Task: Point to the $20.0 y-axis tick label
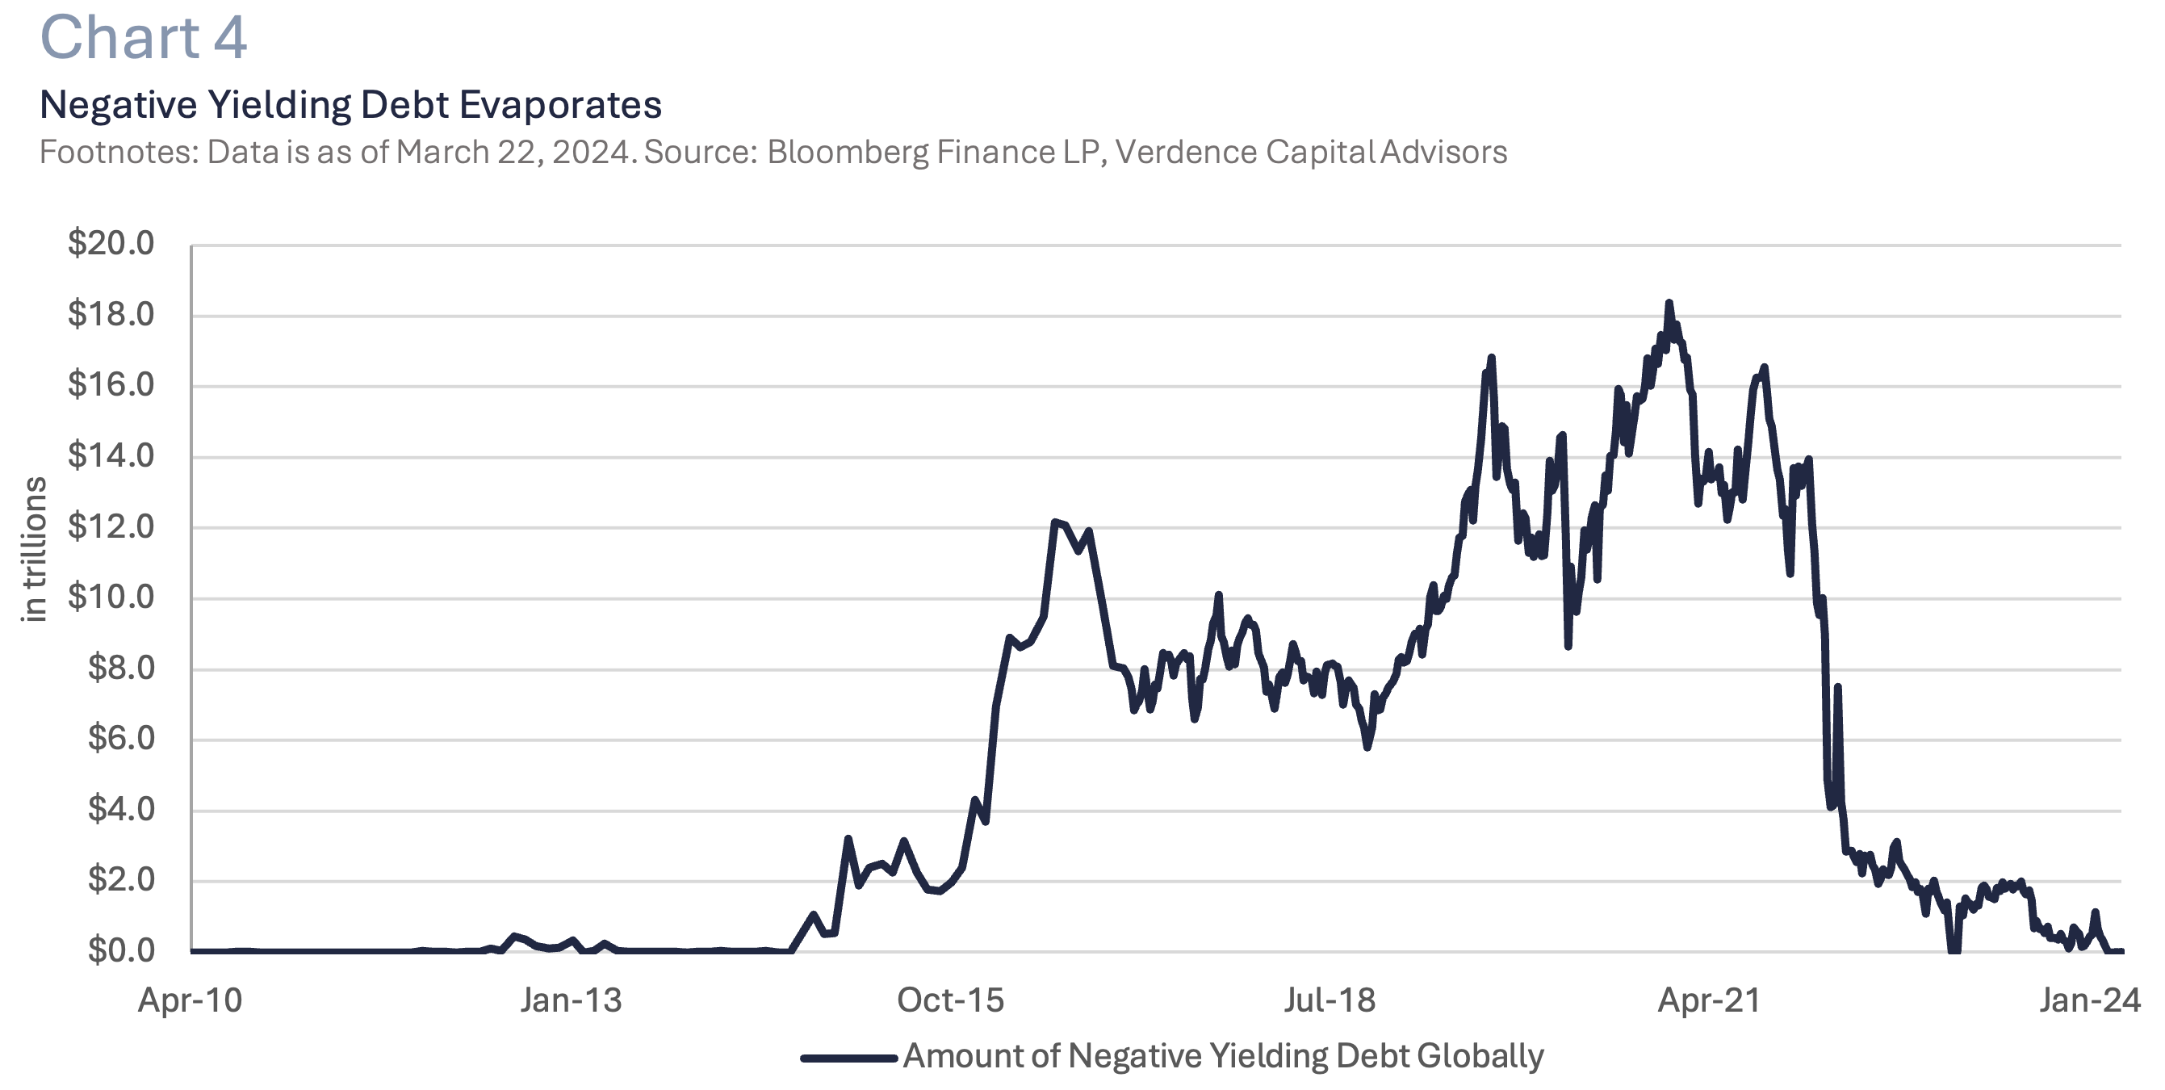[x=111, y=244]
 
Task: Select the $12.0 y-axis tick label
[x=111, y=527]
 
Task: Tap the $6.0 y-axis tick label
[x=121, y=739]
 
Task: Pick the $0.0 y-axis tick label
[x=121, y=950]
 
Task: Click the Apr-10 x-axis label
[x=190, y=1001]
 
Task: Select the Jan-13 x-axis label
[x=571, y=1001]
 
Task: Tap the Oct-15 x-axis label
[x=951, y=1001]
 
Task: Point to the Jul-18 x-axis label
[x=1330, y=1001]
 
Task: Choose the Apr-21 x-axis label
[x=1709, y=1001]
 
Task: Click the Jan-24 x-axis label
[x=2089, y=1001]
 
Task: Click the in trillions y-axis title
[x=35, y=550]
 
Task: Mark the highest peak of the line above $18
[x=1669, y=304]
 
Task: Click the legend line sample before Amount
[x=848, y=1058]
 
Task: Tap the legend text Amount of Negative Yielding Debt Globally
[x=1223, y=1056]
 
